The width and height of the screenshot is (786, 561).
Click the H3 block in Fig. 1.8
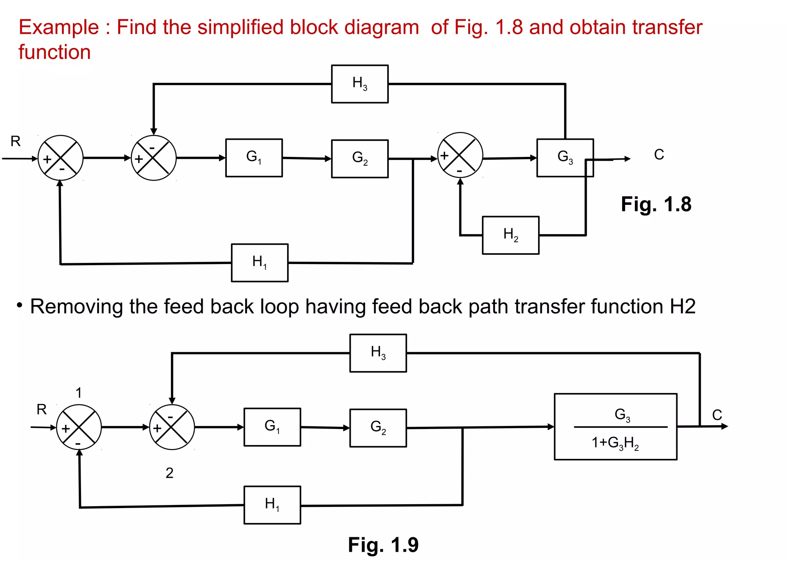(x=360, y=84)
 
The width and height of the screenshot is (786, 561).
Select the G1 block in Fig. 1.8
(x=254, y=158)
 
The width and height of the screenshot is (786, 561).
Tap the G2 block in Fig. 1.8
(x=360, y=158)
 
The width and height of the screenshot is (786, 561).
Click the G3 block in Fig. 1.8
(x=565, y=158)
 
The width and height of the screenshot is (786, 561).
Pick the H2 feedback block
(x=510, y=235)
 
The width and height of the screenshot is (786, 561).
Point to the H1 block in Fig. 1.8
(x=259, y=263)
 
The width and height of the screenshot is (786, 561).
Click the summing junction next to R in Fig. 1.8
(x=60, y=158)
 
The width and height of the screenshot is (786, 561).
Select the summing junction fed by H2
(x=460, y=155)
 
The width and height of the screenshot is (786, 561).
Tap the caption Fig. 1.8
(x=656, y=204)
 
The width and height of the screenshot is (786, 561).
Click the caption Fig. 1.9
(x=383, y=544)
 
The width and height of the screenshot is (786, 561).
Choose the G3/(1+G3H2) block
(x=615, y=427)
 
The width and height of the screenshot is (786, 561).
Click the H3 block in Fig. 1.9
(x=378, y=353)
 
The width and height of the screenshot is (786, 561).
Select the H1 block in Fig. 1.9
(x=272, y=505)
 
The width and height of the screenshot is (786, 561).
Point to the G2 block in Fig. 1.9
(x=378, y=428)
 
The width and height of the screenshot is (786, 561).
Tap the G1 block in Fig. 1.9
(x=272, y=427)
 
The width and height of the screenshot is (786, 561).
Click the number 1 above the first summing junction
(x=79, y=393)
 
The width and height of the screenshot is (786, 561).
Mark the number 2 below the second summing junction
(x=169, y=473)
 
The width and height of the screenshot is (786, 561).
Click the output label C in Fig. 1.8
(x=659, y=155)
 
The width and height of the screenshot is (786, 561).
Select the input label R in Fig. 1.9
(x=41, y=409)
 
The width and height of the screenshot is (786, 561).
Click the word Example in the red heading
(x=59, y=28)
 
